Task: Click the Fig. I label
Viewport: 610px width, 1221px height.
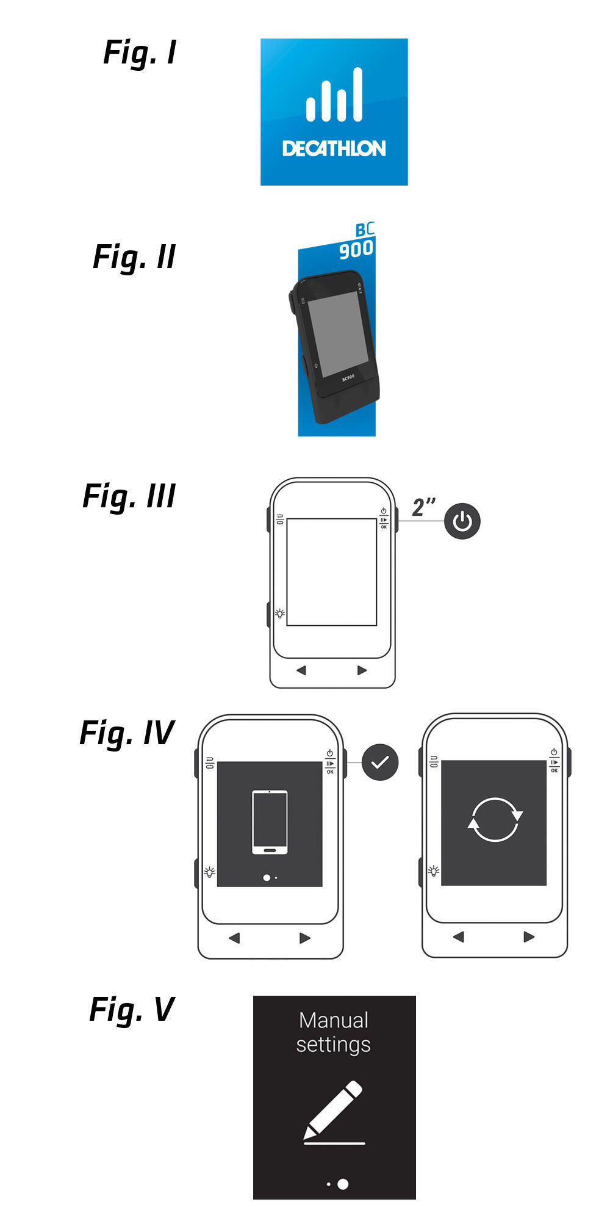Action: tap(140, 53)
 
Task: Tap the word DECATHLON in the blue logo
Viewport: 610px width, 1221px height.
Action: tap(334, 148)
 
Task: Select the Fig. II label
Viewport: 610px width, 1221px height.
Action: tap(134, 257)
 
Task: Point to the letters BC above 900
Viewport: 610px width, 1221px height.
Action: tap(365, 230)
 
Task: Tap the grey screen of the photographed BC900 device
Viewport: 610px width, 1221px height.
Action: tap(337, 333)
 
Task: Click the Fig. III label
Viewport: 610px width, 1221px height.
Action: tap(129, 496)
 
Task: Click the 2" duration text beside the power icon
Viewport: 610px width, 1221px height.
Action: tap(423, 507)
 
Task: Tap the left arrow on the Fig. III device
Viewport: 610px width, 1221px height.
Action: tap(301, 670)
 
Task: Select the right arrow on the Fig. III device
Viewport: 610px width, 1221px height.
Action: tap(362, 670)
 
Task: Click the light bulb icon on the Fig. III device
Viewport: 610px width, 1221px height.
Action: tap(280, 614)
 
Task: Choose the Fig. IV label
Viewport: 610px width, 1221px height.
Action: tap(127, 733)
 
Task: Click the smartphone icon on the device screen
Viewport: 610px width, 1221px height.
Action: tap(270, 822)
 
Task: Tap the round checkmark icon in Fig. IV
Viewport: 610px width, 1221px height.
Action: tap(379, 763)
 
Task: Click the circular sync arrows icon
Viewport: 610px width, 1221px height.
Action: tap(495, 820)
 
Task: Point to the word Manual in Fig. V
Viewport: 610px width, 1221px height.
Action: tap(334, 1020)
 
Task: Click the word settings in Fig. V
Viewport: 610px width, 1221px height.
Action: tap(334, 1045)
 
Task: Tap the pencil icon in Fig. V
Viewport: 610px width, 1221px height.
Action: tap(334, 1108)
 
